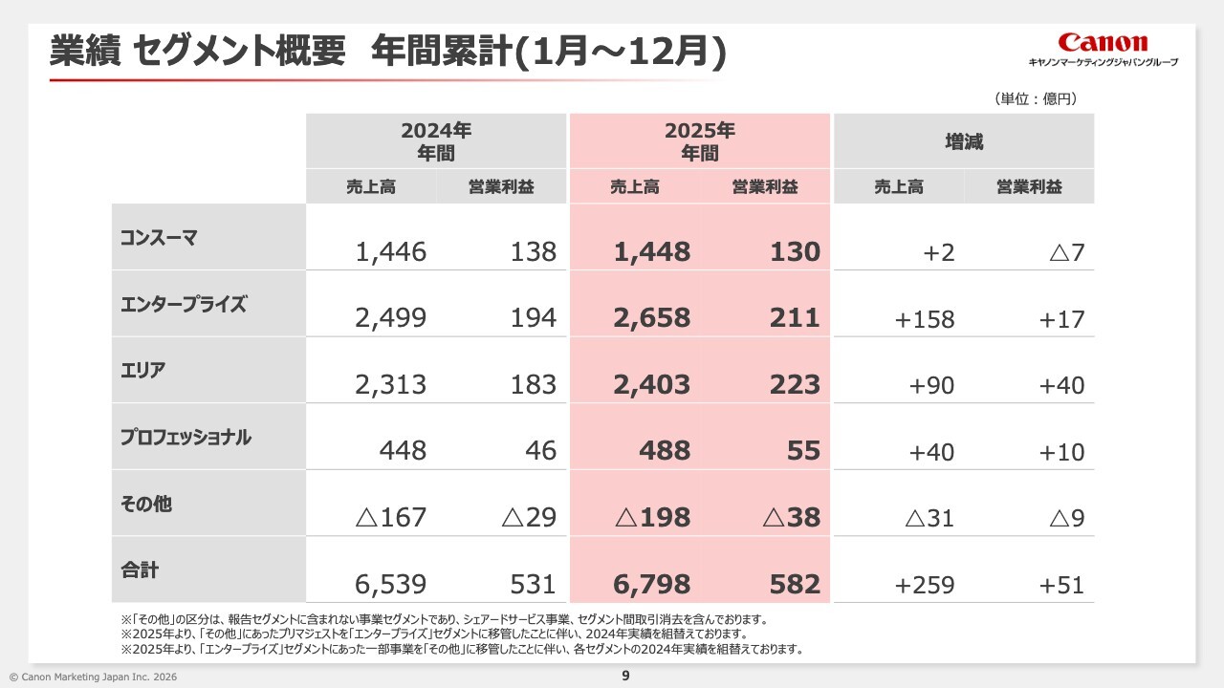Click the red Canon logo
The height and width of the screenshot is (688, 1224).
[x=1102, y=43]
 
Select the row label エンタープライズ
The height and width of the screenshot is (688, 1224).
[x=184, y=305]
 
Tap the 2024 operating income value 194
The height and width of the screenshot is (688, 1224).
[x=533, y=318]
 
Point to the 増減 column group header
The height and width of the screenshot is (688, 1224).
[x=964, y=141]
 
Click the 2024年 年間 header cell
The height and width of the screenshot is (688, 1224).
[x=436, y=141]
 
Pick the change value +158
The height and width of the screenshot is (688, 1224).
[x=924, y=318]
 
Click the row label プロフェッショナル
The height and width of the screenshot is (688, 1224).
[x=186, y=438]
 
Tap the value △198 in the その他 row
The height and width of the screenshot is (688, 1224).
[x=651, y=518]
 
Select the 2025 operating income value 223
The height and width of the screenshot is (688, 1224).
[x=795, y=384]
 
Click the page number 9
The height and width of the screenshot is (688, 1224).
[x=625, y=677]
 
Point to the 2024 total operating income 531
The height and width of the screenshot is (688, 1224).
[x=533, y=584]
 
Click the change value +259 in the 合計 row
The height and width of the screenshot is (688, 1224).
[x=924, y=584]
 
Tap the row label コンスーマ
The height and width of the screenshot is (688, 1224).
[x=159, y=239]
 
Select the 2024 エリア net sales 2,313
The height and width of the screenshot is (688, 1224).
[x=390, y=384]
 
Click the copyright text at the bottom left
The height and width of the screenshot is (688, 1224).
[x=93, y=677]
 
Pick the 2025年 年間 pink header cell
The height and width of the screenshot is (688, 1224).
[x=700, y=141]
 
